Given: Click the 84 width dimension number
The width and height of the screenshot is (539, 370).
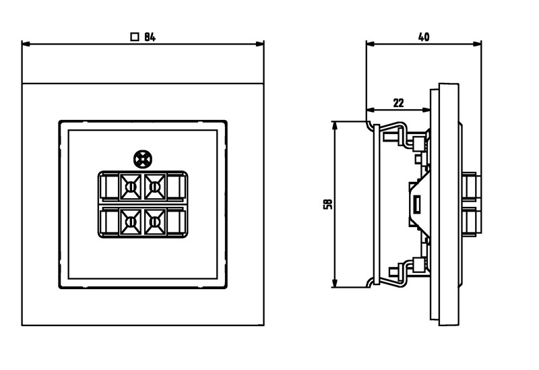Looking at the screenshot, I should click(x=150, y=38).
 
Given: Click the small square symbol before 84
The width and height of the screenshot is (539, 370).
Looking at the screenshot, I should click(x=135, y=38).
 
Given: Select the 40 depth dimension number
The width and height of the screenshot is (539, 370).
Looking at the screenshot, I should click(x=424, y=37).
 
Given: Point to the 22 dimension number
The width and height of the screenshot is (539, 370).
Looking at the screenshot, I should click(x=398, y=102).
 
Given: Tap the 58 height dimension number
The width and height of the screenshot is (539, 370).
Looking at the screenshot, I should click(x=327, y=204).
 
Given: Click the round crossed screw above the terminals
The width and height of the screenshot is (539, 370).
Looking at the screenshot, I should click(x=142, y=159).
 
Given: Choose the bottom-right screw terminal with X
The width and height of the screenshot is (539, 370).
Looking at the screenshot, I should click(x=155, y=222).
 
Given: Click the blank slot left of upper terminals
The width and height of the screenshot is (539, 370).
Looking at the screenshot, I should click(x=108, y=185).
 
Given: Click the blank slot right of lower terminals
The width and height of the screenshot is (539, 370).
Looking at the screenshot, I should click(x=177, y=222).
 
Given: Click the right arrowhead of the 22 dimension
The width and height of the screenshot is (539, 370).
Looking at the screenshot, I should click(x=427, y=111).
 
